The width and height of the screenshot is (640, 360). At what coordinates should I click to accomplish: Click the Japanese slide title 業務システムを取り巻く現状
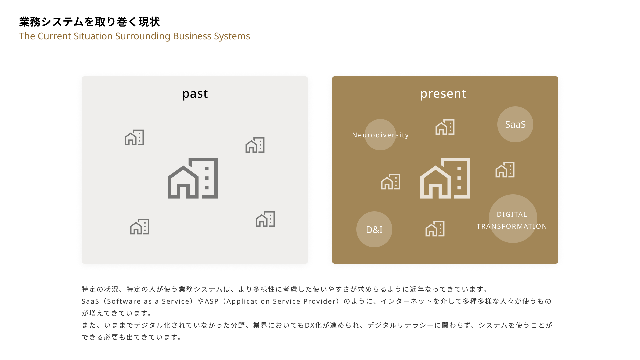(89, 22)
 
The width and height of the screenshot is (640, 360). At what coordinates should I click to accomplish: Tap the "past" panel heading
(195, 94)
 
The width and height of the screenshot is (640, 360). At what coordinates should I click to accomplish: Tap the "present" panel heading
(443, 94)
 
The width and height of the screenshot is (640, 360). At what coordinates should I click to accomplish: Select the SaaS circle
(515, 124)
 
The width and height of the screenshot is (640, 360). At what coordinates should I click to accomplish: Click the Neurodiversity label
(380, 135)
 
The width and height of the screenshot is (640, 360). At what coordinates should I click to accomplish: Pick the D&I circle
(374, 229)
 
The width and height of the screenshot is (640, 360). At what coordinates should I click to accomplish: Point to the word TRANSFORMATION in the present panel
(512, 226)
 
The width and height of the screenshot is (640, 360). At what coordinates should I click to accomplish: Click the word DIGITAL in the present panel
(512, 214)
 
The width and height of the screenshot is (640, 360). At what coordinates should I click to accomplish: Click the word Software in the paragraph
(124, 301)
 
